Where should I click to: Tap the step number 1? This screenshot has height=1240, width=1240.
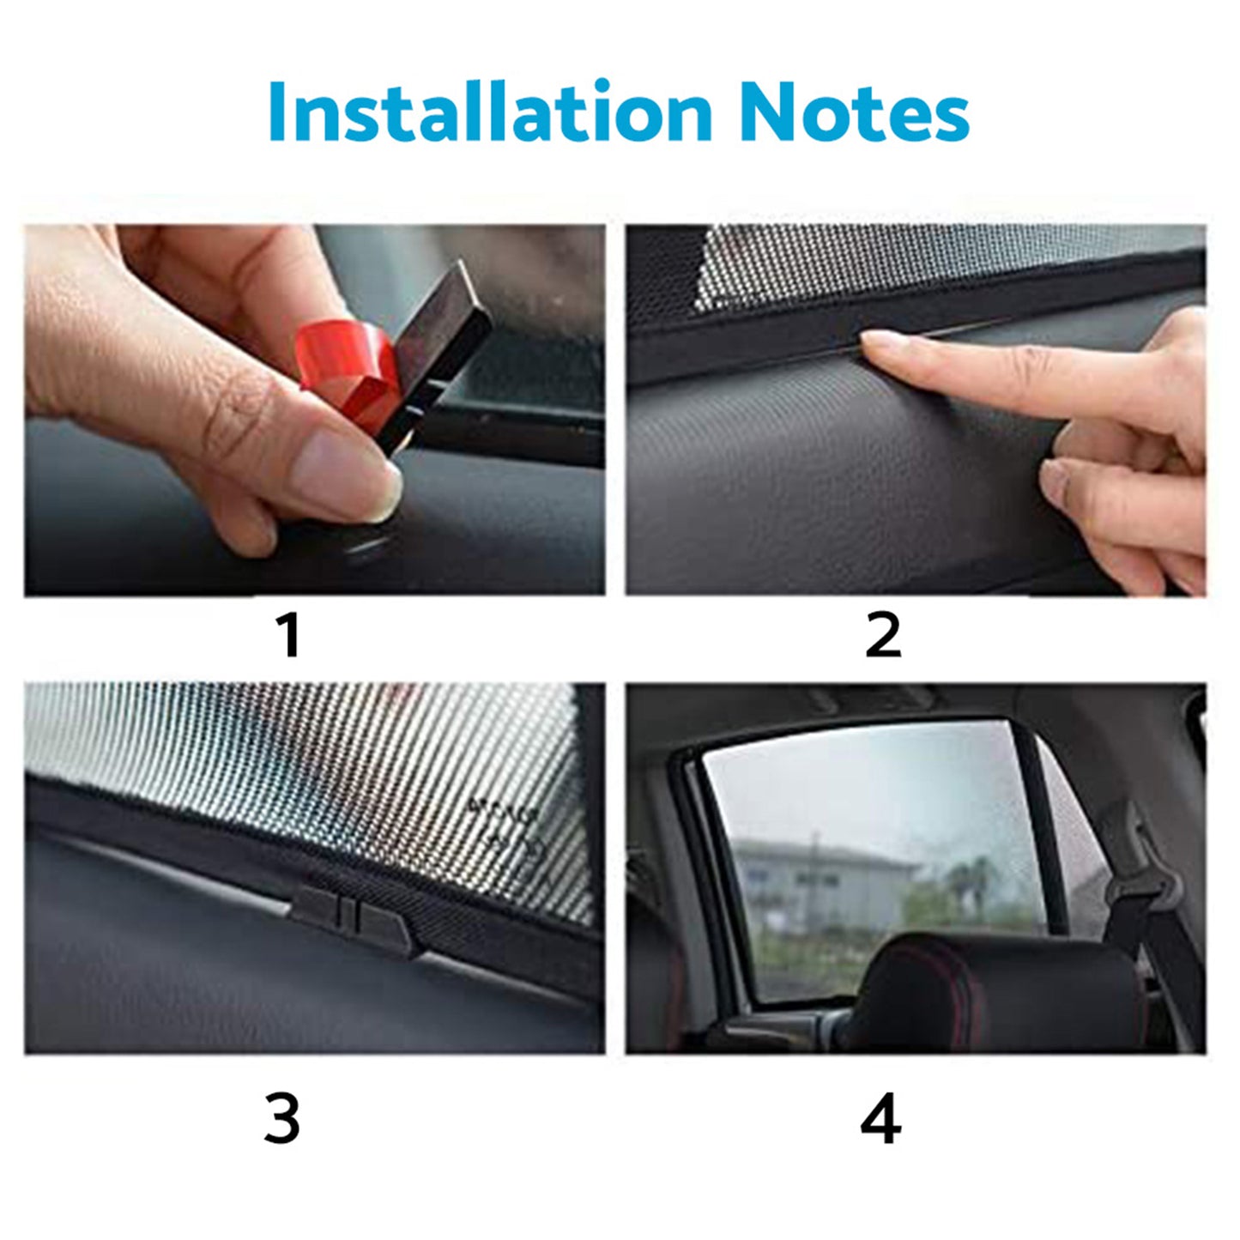[x=290, y=636]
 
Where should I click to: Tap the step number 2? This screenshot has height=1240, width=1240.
[x=883, y=636]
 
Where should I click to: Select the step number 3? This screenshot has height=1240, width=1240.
[x=281, y=1119]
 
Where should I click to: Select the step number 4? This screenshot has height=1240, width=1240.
[x=880, y=1119]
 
